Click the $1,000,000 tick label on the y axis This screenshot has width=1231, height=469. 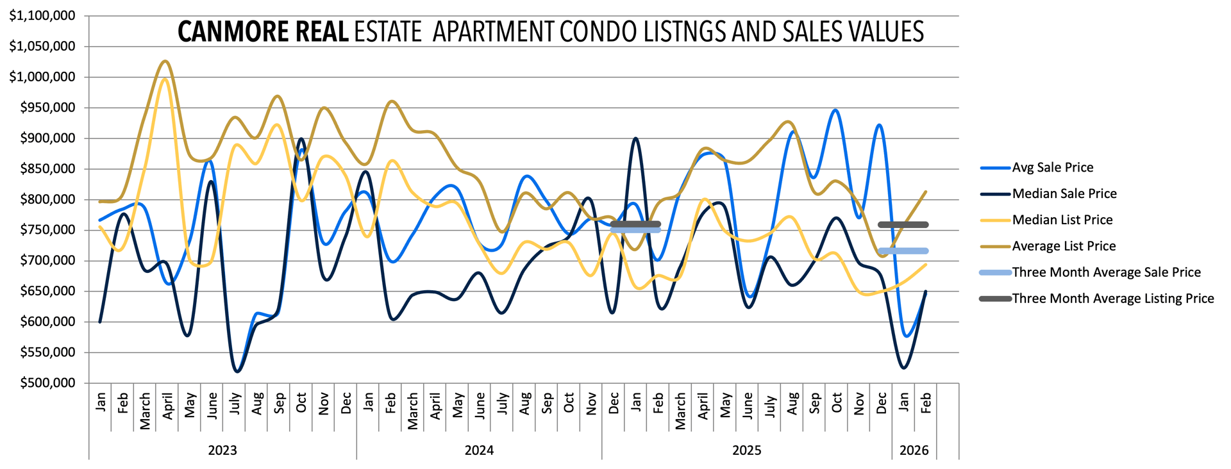coord(42,77)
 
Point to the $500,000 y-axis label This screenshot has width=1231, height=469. coord(47,383)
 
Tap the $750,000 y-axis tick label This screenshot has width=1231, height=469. coord(47,230)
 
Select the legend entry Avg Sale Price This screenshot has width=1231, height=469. coord(1052,168)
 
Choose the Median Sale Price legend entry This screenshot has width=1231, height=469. coord(1064,194)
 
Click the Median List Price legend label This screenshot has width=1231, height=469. coord(1062,220)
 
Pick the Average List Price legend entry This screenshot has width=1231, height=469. coord(1064,247)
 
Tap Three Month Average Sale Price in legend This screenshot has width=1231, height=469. coord(1106,273)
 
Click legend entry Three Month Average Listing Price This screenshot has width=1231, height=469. coord(1112,299)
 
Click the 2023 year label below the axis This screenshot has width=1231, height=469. coord(222,450)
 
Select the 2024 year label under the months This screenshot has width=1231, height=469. coord(479,450)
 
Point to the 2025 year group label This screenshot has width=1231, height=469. coord(747,450)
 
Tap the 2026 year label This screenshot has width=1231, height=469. coord(914,450)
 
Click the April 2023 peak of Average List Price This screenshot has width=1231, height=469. coord(165,62)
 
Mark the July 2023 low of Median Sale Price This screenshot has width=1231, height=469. coord(237,372)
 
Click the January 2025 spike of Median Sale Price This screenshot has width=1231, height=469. coord(635,138)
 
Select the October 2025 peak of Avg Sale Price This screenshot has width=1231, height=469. coord(835,110)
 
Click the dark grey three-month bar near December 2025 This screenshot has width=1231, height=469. coord(903,225)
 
